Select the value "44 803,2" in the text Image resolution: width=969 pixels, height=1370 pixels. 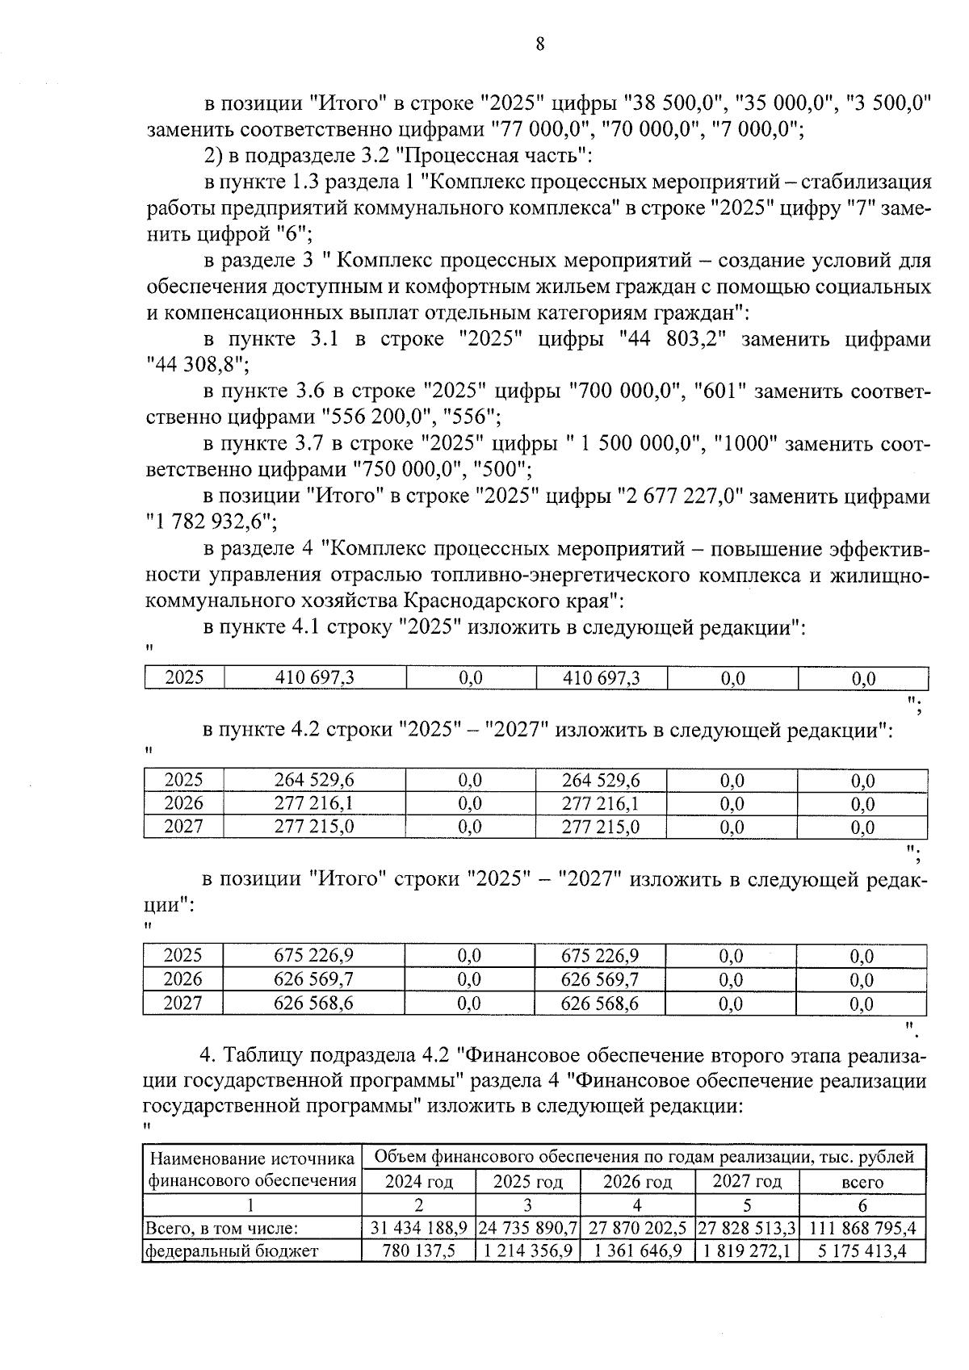672,339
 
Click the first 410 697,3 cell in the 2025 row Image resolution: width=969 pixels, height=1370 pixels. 314,678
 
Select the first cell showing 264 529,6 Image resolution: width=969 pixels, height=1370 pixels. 314,780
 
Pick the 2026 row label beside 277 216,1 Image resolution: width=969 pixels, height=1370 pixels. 183,803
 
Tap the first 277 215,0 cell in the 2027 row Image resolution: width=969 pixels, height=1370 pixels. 314,827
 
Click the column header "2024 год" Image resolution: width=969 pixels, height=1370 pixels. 418,1182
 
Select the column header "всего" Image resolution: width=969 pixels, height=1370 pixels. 862,1182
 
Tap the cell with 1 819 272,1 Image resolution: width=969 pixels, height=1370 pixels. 746,1251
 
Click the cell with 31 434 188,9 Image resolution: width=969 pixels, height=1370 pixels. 418,1228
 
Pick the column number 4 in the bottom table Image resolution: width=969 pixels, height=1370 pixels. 637,1205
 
